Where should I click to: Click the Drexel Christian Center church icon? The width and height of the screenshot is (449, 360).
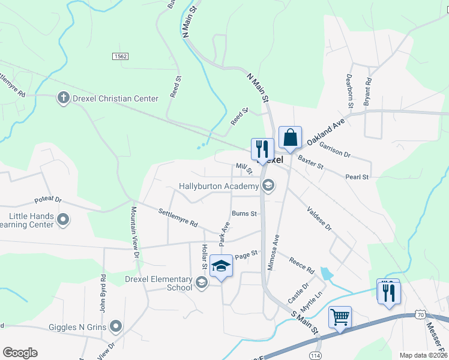point(62,98)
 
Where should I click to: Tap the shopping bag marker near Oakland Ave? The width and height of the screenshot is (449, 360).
point(290,137)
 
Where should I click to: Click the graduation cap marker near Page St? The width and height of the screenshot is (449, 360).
point(221,266)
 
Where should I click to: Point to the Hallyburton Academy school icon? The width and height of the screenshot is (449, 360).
point(268,186)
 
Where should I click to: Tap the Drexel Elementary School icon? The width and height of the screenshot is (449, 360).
point(202,281)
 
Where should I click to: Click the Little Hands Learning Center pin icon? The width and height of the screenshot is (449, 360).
point(62,221)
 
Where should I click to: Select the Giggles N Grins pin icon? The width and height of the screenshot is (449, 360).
point(116,327)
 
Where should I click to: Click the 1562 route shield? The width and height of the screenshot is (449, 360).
point(119,56)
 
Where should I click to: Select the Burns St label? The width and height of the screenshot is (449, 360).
point(244,214)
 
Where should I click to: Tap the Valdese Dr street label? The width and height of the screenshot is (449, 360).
point(319,220)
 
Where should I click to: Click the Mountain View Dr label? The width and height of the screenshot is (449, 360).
point(135,233)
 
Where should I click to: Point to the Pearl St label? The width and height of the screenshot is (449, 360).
point(357,177)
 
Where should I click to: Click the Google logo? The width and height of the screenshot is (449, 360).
point(20,353)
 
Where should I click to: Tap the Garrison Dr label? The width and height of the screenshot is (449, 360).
point(334,149)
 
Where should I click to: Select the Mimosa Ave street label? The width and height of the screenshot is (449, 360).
point(272,253)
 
